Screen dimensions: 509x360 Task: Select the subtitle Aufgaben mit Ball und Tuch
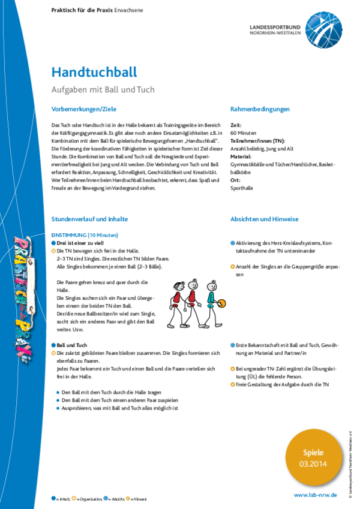pos(103,90)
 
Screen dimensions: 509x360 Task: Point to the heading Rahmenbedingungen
pos(260,109)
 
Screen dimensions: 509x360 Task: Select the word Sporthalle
pos(242,188)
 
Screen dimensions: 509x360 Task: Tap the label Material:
pos(241,156)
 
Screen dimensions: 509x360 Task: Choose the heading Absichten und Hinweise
pos(264,219)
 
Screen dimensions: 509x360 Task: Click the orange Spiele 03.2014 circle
pos(312,458)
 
